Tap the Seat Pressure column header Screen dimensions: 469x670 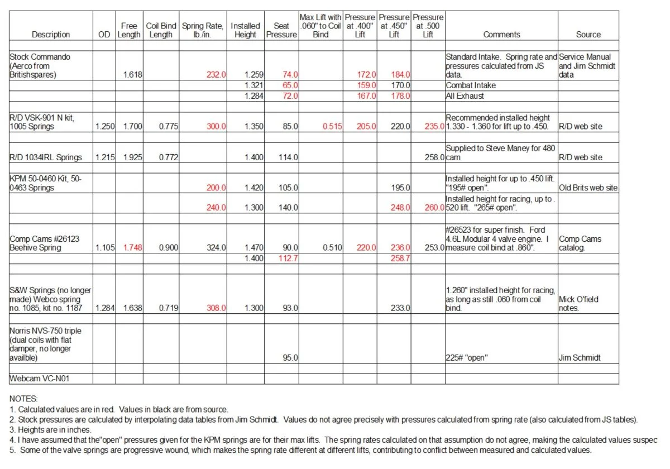[281, 30]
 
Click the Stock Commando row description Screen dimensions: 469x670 [40, 66]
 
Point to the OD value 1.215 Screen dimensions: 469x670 [104, 157]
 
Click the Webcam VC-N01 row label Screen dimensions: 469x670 [42, 379]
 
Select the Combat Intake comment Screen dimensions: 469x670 [471, 85]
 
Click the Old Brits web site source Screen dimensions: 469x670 [588, 188]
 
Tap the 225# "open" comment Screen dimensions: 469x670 [467, 358]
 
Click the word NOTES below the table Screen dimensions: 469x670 [24, 400]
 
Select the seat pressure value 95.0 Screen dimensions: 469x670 [289, 358]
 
